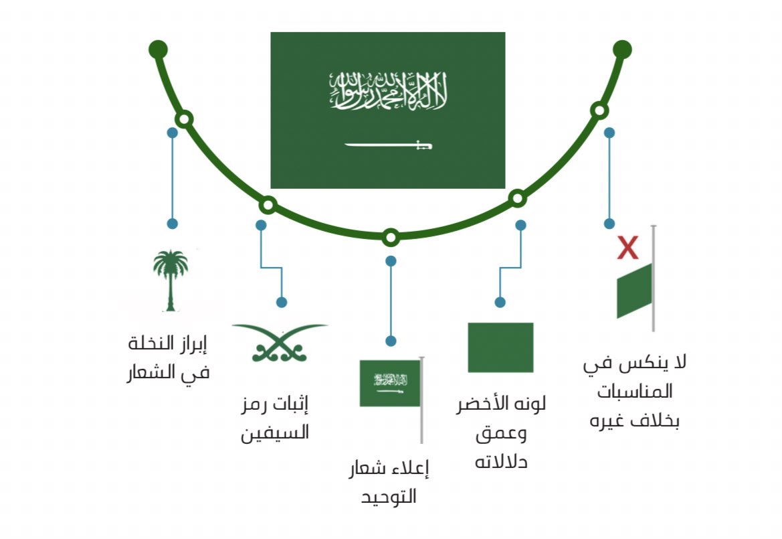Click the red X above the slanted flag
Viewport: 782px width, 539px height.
click(627, 247)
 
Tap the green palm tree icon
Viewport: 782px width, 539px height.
click(170, 280)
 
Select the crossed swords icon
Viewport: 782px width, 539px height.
click(279, 342)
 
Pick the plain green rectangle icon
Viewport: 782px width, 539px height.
click(500, 347)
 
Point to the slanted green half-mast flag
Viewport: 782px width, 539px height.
click(634, 291)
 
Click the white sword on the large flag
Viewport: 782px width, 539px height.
click(388, 144)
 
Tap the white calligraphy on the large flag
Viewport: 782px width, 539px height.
click(388, 92)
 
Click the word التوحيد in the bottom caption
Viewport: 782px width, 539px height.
click(389, 497)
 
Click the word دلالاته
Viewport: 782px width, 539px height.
click(501, 461)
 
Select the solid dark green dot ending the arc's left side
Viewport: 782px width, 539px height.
click(158, 49)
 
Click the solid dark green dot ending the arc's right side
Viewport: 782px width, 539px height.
click(622, 49)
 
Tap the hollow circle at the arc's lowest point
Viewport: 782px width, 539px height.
click(391, 237)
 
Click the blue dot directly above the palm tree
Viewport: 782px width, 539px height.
click(172, 224)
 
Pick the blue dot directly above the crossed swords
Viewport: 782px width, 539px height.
click(282, 302)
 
